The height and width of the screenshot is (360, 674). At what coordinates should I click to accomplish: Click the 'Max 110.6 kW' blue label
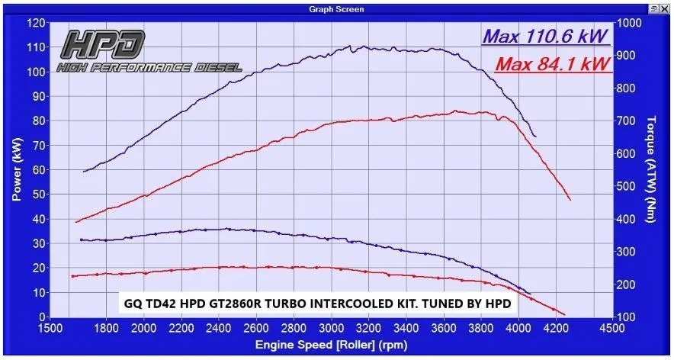pos(547,36)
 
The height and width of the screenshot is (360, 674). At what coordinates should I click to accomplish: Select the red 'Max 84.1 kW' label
pos(553,65)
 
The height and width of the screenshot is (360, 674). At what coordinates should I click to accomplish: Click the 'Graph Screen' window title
pos(336,9)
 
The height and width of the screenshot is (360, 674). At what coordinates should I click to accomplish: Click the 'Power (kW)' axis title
pos(15,170)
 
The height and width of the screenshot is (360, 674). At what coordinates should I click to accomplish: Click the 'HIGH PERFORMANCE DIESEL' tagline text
pos(149,68)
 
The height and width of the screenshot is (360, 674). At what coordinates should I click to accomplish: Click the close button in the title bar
pos(666,9)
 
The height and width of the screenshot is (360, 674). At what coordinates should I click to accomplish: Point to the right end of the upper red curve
pos(570,200)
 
